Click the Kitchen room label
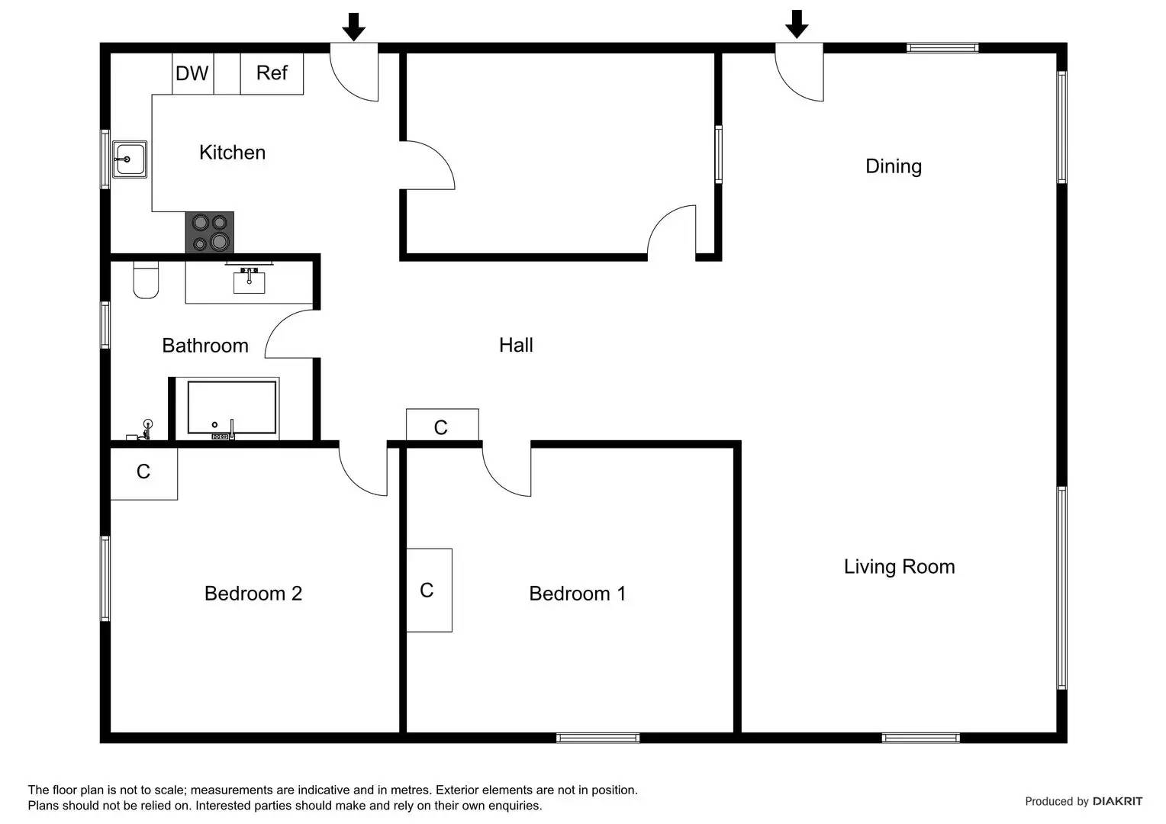232,153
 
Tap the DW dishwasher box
192,73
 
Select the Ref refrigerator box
272,73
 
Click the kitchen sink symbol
130,159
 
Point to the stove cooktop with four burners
210,232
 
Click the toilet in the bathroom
146,280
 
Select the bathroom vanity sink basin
249,282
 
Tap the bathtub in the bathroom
232,408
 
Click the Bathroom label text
205,346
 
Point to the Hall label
516,345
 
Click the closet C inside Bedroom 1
428,590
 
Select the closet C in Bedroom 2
143,472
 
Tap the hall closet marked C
441,426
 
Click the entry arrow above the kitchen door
353,27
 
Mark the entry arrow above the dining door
797,24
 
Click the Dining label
893,166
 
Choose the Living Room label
899,567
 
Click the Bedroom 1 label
578,594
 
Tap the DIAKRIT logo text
1117,801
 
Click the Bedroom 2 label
253,594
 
